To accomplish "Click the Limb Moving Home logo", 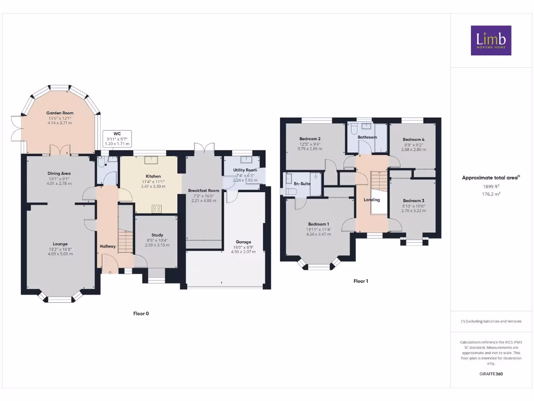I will coord(491,40).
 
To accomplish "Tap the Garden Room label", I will coord(59,113).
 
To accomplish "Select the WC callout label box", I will coord(117,139).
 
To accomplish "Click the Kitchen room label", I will coord(153,176).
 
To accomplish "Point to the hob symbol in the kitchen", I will coord(156,208).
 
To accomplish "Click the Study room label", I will coord(157,235).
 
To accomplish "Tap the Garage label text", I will coord(243,242).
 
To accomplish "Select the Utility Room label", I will coord(244,170).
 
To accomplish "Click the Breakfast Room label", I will coord(203,191).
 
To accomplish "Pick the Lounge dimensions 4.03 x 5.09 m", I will coord(60,254).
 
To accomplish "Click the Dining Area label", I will coord(58,173).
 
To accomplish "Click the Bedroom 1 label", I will coord(318,224).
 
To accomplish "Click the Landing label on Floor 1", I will coord(372,200).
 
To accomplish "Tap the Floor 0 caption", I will coord(141,313).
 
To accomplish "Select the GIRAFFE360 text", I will coord(491,374).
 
